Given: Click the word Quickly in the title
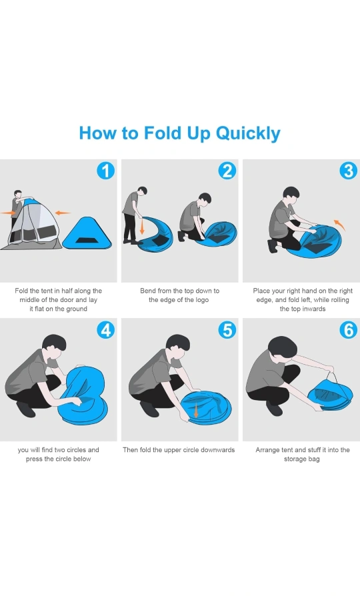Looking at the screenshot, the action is pos(248,134).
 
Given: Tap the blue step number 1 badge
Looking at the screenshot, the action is pos(106,171).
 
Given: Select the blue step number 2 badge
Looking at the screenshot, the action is pos(227,171).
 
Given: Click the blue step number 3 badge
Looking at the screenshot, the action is pos(348,171).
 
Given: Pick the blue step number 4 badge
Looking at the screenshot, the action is pos(106,329).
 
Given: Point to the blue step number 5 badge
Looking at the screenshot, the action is pos(227,329).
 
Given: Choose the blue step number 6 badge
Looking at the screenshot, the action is pos(348,329).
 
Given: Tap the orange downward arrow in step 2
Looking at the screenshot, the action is pos(142,225).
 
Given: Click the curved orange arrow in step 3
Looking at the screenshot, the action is pos(341,224).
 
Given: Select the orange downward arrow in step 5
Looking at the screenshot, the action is pos(196,411).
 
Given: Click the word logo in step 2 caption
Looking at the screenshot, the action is pos(201,300).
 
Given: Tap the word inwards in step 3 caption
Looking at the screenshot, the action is pos(314,309).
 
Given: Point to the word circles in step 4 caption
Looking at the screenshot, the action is pos(75,449).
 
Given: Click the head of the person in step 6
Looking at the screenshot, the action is pos(283,347).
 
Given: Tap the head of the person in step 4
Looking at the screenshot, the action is pos(55,345).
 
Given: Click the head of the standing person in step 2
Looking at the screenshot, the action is pos(142,191).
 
